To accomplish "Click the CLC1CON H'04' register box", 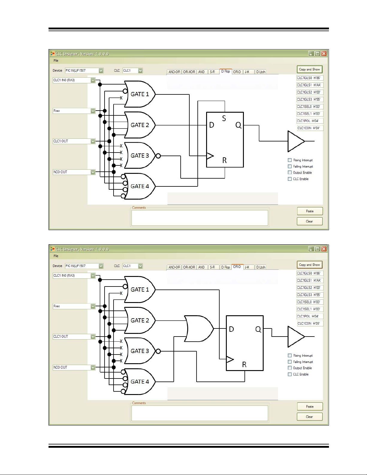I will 310,128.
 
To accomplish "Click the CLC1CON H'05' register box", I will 310,323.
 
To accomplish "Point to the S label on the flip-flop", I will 224,118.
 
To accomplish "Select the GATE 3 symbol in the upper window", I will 140,156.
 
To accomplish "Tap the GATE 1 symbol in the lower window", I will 140,289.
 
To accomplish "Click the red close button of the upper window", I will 324,54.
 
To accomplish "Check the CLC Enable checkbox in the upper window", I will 290,179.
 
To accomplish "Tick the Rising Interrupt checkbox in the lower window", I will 290,355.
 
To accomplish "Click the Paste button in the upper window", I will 310,211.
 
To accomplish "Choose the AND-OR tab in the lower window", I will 174,267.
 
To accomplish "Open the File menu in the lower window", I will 56,256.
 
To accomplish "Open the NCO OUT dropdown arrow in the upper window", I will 93,172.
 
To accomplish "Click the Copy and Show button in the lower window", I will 309,265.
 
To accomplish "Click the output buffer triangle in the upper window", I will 295,141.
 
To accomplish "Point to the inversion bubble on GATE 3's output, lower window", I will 158,351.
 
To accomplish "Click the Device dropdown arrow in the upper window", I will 101,71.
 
